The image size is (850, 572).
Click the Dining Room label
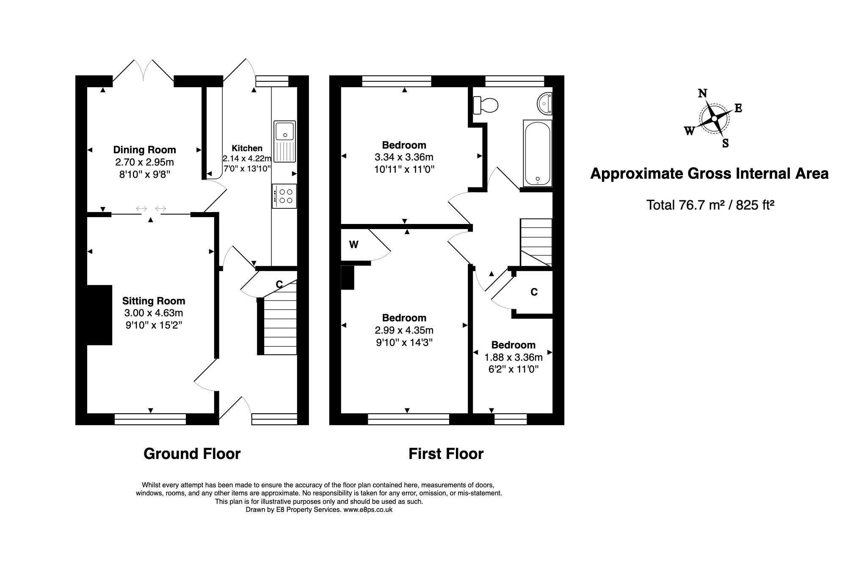tap(144, 150)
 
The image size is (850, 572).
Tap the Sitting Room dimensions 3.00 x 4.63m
tap(153, 313)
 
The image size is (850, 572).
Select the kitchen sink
tap(285, 141)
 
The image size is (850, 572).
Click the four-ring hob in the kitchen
tap(284, 196)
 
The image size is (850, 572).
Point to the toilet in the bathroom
tap(486, 105)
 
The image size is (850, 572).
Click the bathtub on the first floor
tap(538, 153)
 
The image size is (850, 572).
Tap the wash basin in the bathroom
tap(545, 103)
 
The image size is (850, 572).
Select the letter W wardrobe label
tap(353, 245)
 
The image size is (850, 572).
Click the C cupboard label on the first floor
tap(534, 292)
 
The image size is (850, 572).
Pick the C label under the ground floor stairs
tap(279, 285)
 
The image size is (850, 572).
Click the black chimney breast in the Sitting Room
tap(99, 315)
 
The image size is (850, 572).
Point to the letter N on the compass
tap(702, 93)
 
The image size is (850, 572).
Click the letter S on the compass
tap(725, 144)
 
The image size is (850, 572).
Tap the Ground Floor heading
tap(192, 454)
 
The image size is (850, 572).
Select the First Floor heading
tap(446, 454)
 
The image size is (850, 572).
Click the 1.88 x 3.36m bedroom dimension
tap(513, 357)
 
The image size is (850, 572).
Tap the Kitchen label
tap(247, 148)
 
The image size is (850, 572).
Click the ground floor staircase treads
tap(280, 326)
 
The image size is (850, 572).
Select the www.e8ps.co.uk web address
tap(367, 510)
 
